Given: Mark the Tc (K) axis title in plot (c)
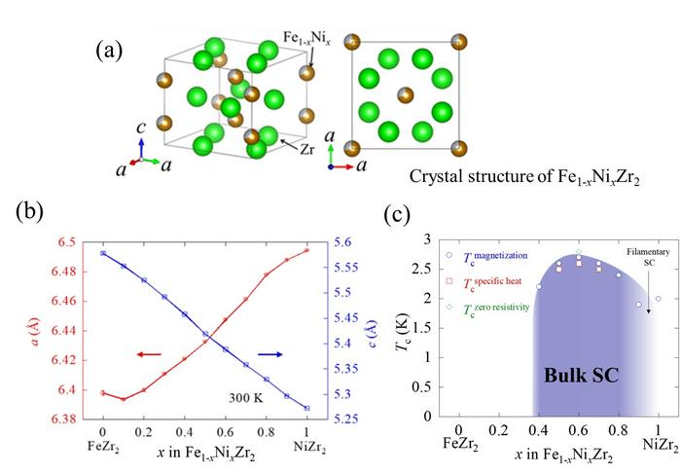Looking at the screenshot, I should [x=404, y=327].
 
